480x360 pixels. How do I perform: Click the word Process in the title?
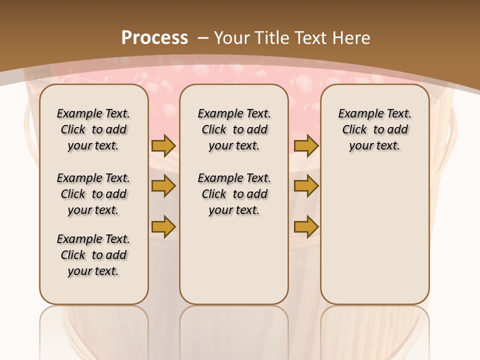click(x=154, y=37)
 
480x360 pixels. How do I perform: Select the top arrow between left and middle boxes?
click(x=163, y=146)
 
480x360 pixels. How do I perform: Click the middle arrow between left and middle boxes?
click(x=163, y=186)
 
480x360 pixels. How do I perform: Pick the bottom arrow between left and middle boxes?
click(x=163, y=227)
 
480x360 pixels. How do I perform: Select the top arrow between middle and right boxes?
click(x=306, y=146)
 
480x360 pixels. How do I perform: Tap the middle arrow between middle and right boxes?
click(x=306, y=186)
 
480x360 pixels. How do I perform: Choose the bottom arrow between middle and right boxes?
click(x=306, y=227)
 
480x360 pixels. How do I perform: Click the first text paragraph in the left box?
click(x=93, y=129)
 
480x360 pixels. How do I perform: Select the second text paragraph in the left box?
click(x=93, y=194)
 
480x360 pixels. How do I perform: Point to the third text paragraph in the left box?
click(x=93, y=255)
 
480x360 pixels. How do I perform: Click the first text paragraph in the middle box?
click(x=234, y=129)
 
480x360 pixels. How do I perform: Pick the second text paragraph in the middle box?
click(x=234, y=194)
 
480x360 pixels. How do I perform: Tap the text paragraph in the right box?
click(x=375, y=129)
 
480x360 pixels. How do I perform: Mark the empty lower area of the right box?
click(x=375, y=235)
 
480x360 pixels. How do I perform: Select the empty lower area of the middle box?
click(x=234, y=260)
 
